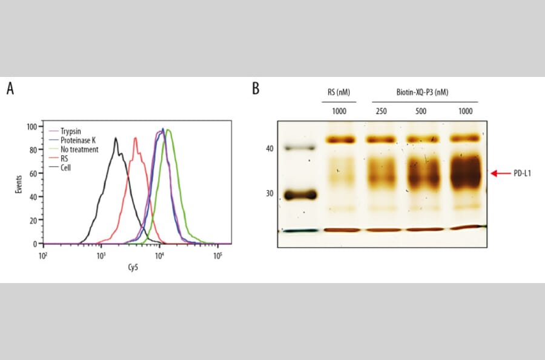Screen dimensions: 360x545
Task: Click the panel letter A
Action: tap(10, 89)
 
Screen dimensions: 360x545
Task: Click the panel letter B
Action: tap(256, 89)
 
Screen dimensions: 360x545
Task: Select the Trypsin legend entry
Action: tap(71, 131)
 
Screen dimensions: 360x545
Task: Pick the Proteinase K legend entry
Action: tap(76, 140)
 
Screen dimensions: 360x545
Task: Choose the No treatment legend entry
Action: tap(78, 149)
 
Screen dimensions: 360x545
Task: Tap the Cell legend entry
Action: tap(65, 167)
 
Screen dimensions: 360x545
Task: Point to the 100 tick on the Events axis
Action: tap(33, 127)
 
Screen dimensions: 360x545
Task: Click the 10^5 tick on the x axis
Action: tap(217, 256)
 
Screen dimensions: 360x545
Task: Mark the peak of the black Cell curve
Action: tap(116, 138)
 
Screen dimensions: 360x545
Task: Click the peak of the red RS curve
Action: tap(136, 138)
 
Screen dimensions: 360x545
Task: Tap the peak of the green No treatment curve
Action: tap(168, 130)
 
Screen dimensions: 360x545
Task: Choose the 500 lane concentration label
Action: tap(421, 111)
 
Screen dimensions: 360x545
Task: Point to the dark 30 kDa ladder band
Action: tap(301, 195)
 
